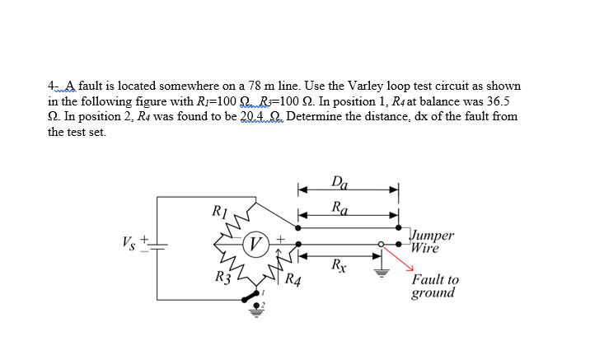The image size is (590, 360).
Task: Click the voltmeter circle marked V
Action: (257, 243)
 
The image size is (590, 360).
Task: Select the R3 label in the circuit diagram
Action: (221, 277)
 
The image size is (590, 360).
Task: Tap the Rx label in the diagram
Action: (338, 265)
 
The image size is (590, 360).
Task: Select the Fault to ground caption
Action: (434, 287)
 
